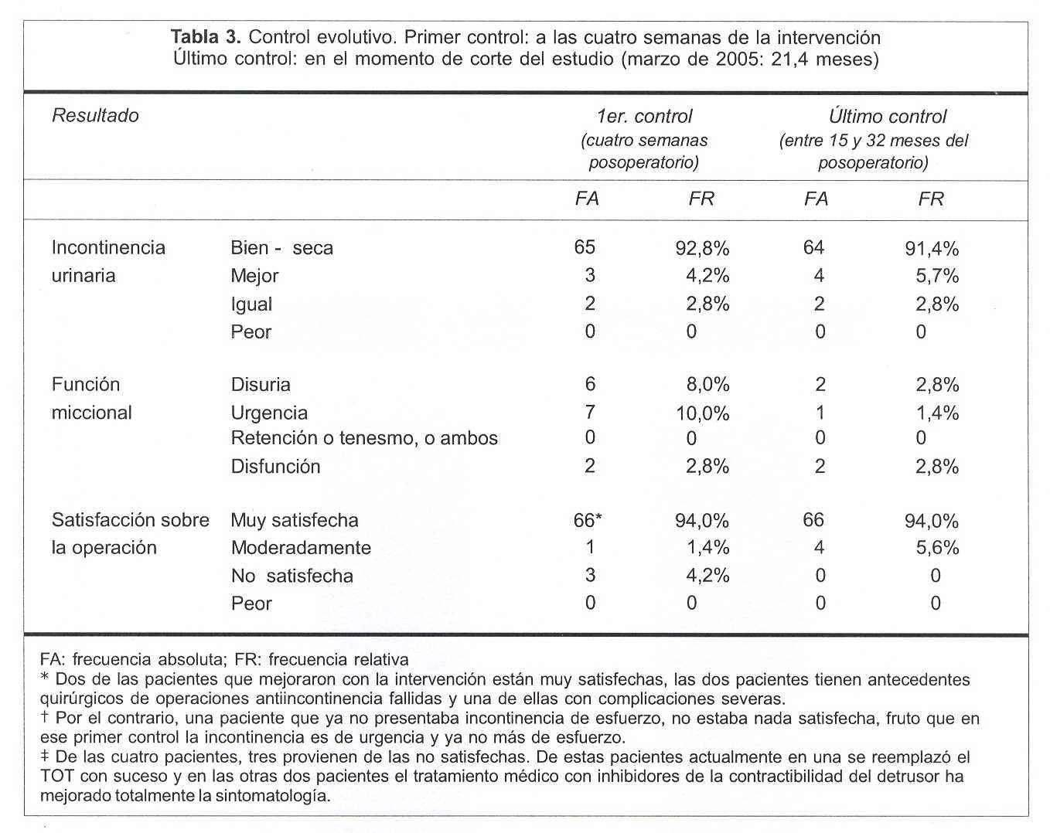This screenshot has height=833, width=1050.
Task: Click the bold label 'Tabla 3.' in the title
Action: coord(206,37)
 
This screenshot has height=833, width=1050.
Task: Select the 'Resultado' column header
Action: coord(95,116)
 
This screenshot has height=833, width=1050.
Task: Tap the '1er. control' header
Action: coord(644,117)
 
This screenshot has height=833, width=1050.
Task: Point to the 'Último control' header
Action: coord(887,117)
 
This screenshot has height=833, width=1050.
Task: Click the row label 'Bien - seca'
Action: coord(281,248)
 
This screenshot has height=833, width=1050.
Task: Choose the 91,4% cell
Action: coord(931,249)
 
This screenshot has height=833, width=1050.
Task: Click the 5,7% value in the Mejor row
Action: coord(936,276)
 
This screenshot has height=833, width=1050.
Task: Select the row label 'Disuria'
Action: coord(261,385)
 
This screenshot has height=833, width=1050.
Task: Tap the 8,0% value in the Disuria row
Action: coord(707,385)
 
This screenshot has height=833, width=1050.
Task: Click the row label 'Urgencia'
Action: coord(269,413)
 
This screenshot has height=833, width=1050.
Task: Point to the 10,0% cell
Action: coord(702,413)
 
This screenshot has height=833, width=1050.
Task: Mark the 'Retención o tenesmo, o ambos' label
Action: coord(364,438)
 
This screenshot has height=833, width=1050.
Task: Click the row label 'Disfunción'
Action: coord(275,467)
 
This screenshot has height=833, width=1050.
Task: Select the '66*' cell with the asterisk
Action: coord(588,520)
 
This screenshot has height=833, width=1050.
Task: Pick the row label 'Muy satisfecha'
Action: coord(295,520)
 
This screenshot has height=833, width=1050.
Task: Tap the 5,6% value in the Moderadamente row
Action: coord(937,548)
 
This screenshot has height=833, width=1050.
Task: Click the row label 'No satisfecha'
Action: coord(292,576)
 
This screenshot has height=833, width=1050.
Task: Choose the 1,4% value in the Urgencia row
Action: coord(937,413)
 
